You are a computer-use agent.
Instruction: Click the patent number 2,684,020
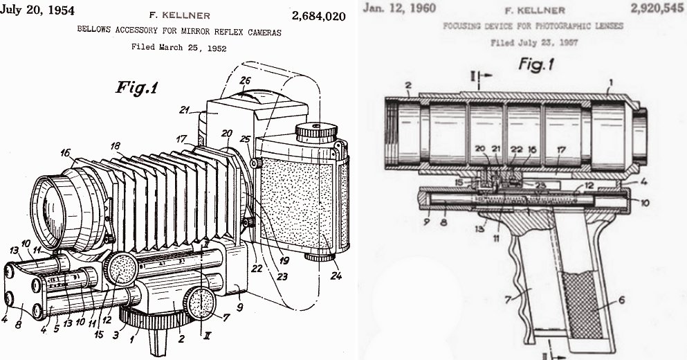[x=318, y=17]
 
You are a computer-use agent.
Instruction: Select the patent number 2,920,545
[x=657, y=8]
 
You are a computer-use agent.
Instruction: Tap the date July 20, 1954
[x=37, y=10]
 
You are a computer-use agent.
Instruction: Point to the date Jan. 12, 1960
[x=399, y=8]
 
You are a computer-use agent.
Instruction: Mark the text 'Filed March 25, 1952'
[x=178, y=47]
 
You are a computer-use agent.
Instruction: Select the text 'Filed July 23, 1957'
[x=534, y=42]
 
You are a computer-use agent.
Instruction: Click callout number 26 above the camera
[x=245, y=80]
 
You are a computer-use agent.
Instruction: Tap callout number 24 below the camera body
[x=336, y=276]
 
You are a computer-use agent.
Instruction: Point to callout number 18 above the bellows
[x=116, y=147]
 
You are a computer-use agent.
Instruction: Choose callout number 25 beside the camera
[x=245, y=139]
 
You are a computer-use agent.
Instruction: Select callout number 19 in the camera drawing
[x=284, y=261]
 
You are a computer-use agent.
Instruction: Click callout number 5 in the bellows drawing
[x=57, y=327]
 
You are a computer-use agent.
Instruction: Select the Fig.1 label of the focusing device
[x=536, y=64]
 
